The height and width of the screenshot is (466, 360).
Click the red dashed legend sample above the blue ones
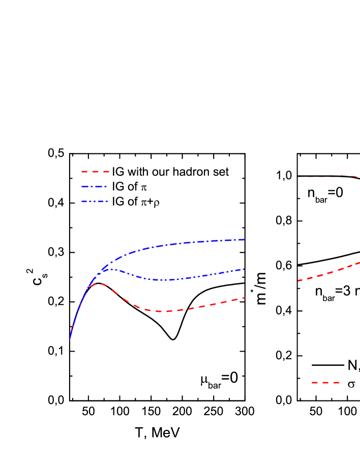pyautogui.click(x=95, y=172)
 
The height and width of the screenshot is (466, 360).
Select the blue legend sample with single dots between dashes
pyautogui.click(x=94, y=187)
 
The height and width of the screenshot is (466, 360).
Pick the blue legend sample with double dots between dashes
pyautogui.click(x=95, y=201)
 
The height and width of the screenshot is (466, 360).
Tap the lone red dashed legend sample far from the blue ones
pyautogui.click(x=325, y=383)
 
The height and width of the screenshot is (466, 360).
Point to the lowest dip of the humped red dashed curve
pyautogui.click(x=163, y=312)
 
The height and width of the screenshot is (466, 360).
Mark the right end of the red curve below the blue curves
pyautogui.click(x=245, y=298)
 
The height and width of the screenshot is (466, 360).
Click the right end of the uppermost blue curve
pyautogui.click(x=245, y=239)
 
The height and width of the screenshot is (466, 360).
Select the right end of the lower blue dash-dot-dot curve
pyautogui.click(x=245, y=269)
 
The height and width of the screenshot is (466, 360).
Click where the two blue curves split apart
pyautogui.click(x=102, y=270)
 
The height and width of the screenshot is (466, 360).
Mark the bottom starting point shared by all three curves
pyautogui.click(x=70, y=339)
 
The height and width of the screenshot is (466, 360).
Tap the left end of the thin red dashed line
pyautogui.click(x=297, y=177)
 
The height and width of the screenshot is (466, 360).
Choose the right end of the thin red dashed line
pyautogui.click(x=357, y=176)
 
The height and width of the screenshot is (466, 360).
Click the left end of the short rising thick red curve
pyautogui.click(x=298, y=280)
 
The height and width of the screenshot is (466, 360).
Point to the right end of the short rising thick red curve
pyautogui.click(x=359, y=262)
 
